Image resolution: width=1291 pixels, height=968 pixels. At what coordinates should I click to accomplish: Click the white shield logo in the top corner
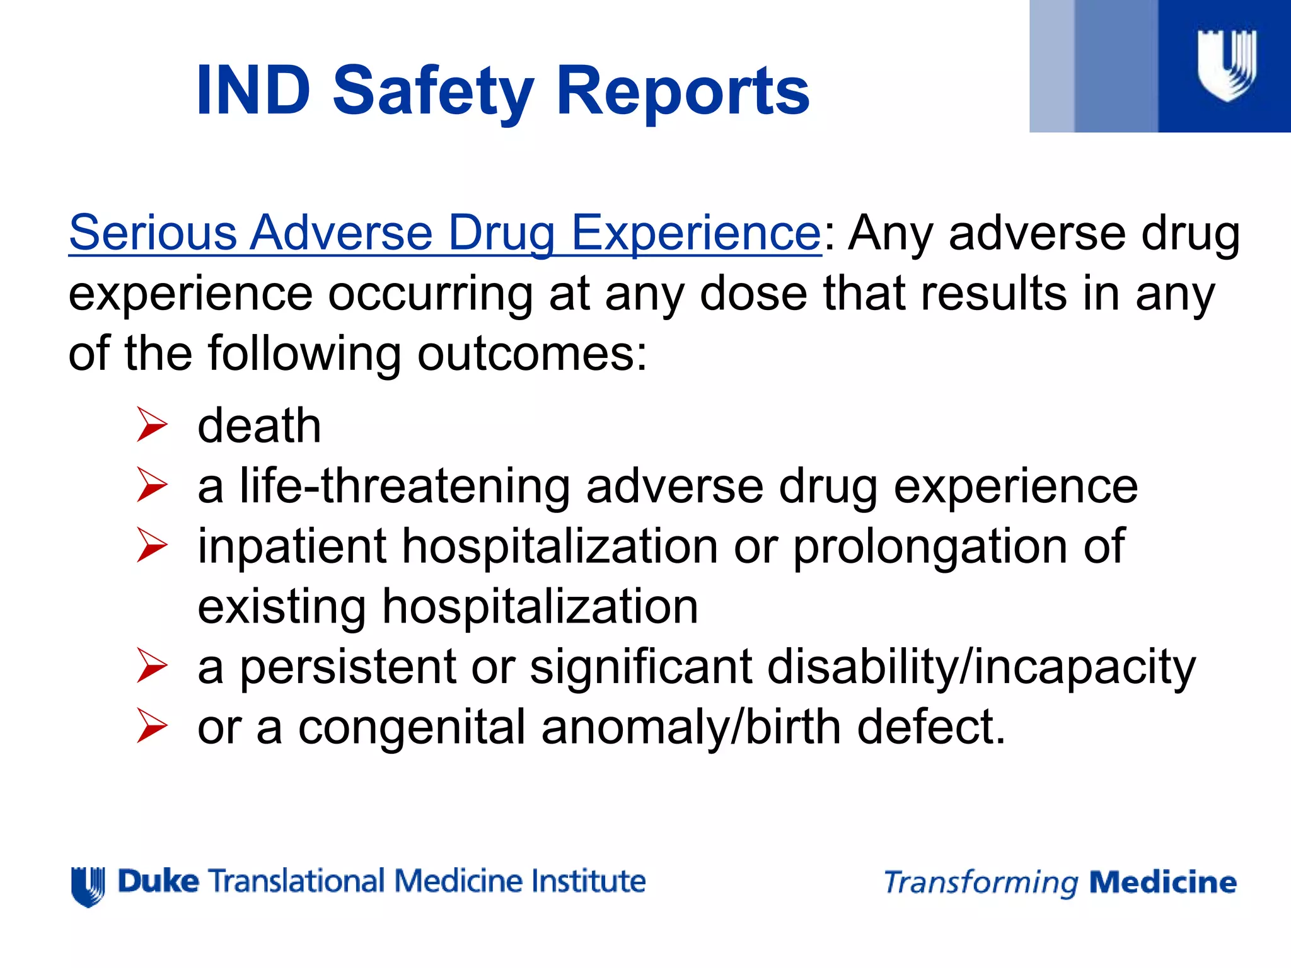[x=1227, y=65]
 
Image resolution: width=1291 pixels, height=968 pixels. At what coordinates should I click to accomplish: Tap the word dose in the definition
[x=753, y=294]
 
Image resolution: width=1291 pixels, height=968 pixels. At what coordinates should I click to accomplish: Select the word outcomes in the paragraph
[x=532, y=354]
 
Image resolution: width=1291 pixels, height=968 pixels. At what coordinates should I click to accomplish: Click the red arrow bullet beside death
[x=152, y=425]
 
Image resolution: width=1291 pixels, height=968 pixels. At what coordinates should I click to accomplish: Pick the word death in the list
[x=259, y=425]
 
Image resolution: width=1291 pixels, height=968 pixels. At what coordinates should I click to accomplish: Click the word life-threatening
[x=405, y=487]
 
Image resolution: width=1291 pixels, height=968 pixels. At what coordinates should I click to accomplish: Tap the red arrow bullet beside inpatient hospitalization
[x=152, y=545]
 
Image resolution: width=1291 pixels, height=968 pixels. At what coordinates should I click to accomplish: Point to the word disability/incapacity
[x=981, y=667]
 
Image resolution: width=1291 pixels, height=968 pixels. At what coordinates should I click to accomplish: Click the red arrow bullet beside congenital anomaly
[x=152, y=726]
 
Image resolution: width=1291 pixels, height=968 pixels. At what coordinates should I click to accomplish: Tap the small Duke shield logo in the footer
[x=88, y=886]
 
